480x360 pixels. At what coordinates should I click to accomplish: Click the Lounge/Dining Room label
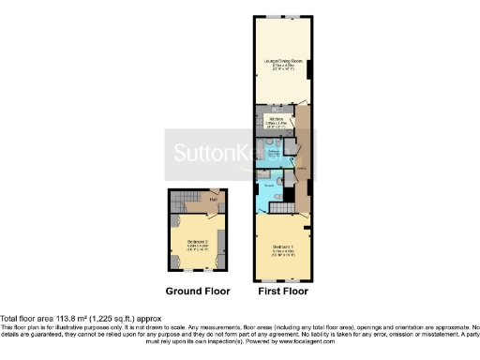(x=281, y=61)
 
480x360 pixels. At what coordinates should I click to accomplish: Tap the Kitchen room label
(x=277, y=120)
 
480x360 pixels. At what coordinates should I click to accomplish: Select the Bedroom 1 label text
(x=281, y=247)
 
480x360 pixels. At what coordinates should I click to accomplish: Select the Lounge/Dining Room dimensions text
(x=281, y=67)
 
